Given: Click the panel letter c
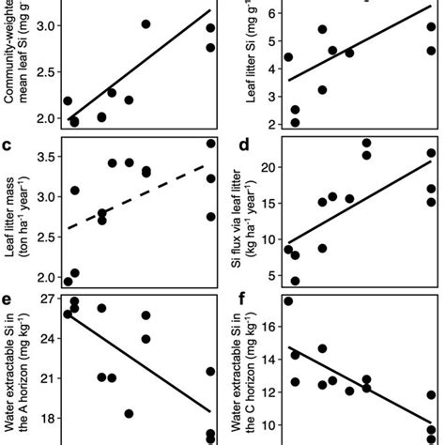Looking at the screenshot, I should click(8, 146).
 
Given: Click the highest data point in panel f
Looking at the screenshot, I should click(288, 301).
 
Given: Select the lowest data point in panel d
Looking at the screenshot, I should click(295, 280).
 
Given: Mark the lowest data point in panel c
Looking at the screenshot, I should click(68, 281).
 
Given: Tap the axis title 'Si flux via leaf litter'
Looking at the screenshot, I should click(245, 219).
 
